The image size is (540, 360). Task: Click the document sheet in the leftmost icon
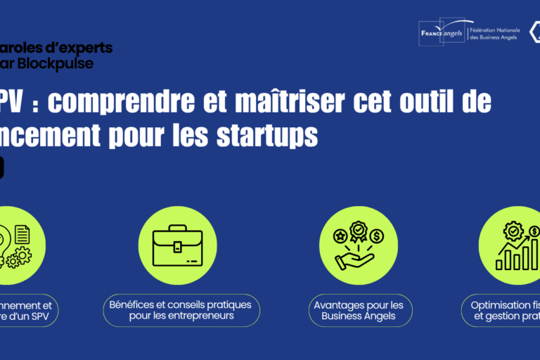click(21, 233)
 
